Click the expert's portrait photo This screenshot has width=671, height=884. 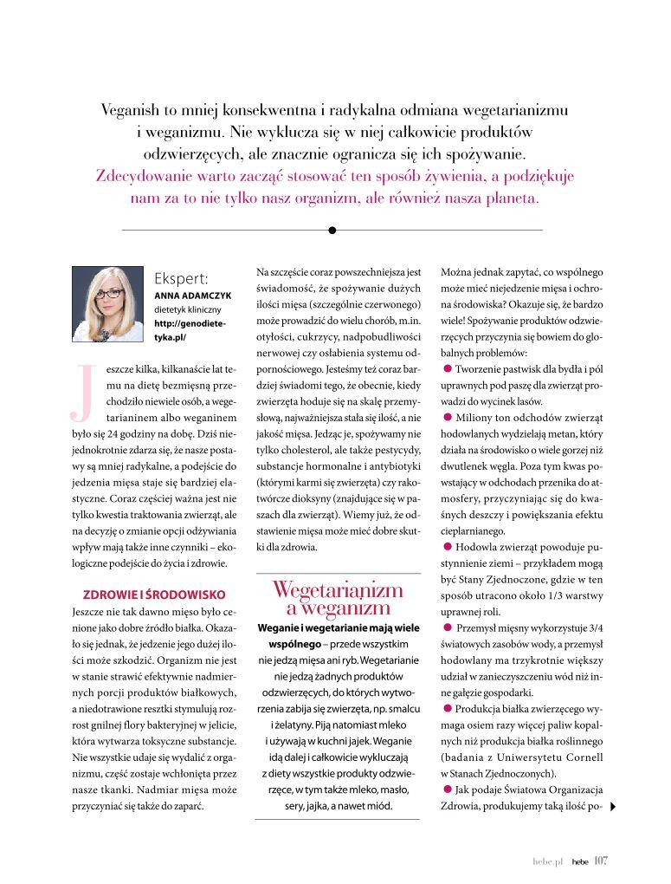pyautogui.click(x=107, y=304)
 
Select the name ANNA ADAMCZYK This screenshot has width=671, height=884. pyautogui.click(x=192, y=295)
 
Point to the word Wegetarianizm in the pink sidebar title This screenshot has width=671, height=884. pyautogui.click(x=338, y=590)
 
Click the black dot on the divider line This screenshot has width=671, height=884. pyautogui.click(x=332, y=230)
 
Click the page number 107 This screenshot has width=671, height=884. pyautogui.click(x=602, y=860)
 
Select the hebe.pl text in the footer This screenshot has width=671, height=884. pyautogui.click(x=549, y=861)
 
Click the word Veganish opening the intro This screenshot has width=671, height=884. pyautogui.click(x=130, y=111)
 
